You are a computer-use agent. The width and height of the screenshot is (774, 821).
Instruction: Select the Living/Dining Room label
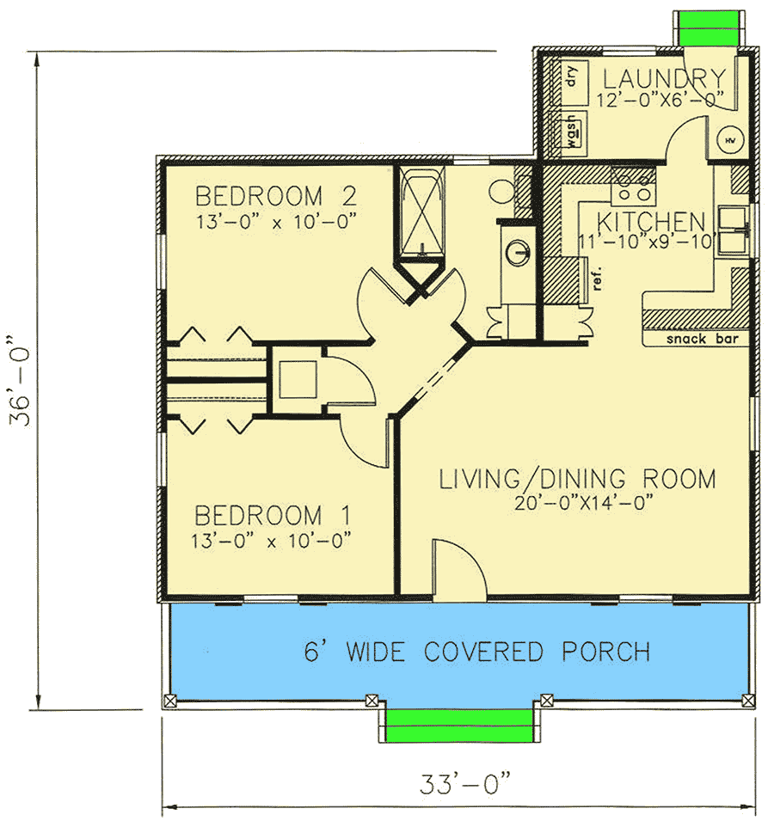[577, 478]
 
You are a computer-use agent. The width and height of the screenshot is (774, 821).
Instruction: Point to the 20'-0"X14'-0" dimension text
[577, 501]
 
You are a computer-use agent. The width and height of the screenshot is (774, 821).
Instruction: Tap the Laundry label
[660, 78]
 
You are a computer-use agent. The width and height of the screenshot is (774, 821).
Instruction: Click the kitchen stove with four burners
[632, 181]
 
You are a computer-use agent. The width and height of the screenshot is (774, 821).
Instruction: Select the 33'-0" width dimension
[465, 784]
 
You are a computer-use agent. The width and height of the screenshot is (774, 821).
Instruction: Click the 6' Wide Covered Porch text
[476, 652]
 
